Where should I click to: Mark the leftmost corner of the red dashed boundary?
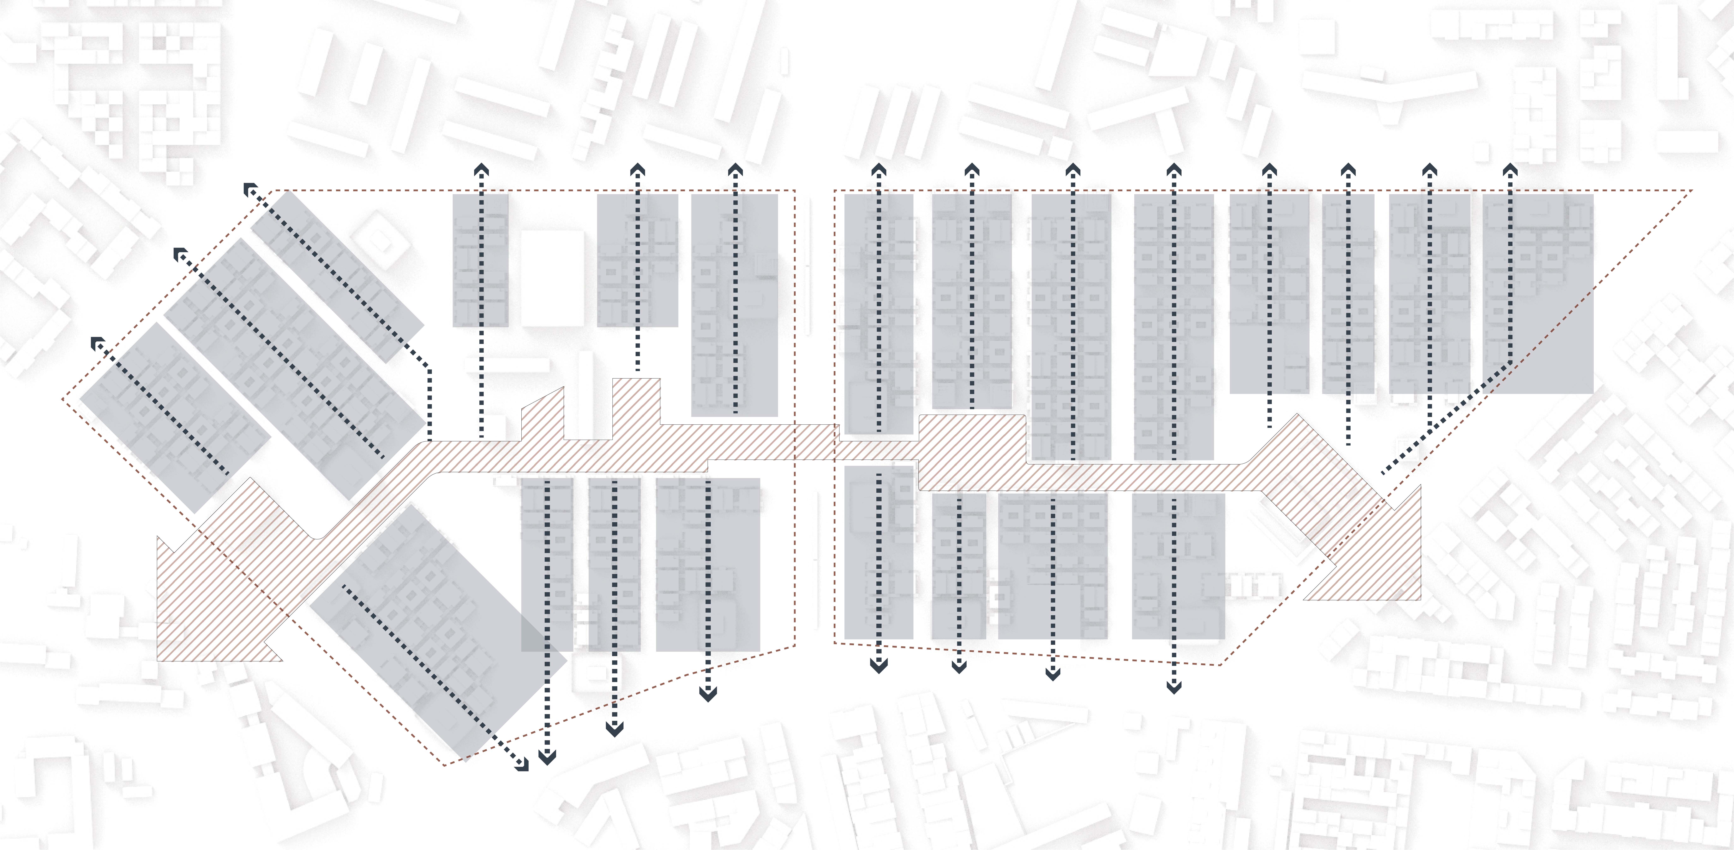click(x=63, y=399)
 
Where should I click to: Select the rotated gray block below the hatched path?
click(x=438, y=630)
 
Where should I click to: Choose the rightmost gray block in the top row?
click(x=1538, y=293)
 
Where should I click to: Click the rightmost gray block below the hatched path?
click(x=1178, y=566)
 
